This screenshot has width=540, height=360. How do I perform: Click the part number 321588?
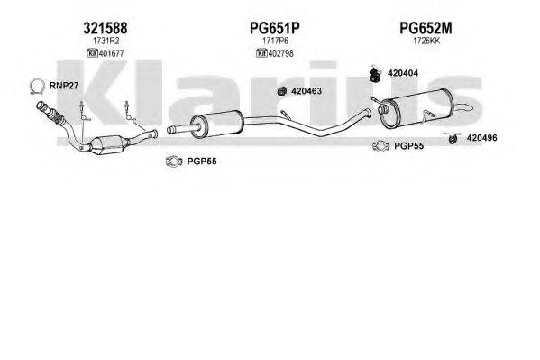pos(105,28)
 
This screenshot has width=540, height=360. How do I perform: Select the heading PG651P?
pos(274,28)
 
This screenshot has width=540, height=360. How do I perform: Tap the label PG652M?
pos(426,28)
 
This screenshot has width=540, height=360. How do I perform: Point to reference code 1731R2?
pos(105,41)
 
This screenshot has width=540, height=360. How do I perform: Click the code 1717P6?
pos(275,41)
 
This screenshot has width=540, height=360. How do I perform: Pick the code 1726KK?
pos(426,41)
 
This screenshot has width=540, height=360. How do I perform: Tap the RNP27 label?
pos(64,86)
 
